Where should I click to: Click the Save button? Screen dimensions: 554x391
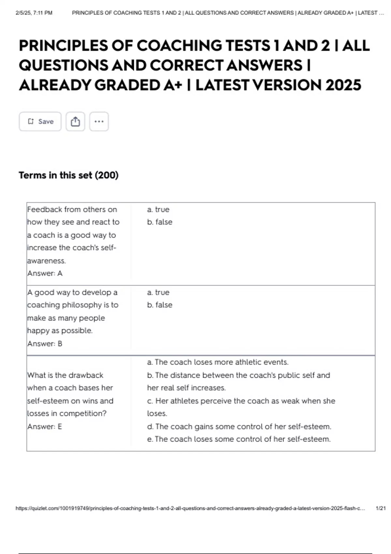point(40,122)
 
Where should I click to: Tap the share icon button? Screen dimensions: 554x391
point(75,122)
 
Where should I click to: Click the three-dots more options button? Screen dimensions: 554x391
point(99,122)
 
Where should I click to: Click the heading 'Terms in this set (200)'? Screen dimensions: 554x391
point(68,175)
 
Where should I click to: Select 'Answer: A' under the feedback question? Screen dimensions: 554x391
point(45,273)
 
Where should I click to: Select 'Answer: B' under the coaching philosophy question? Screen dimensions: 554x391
point(45,343)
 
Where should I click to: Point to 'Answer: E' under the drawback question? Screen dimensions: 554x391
point(44,427)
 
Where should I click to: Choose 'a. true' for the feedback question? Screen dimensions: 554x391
point(158,210)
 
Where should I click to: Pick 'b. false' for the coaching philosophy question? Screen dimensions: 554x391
point(160,305)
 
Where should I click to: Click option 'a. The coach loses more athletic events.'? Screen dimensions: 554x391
point(218,362)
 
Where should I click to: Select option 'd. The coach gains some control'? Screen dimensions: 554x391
point(239,427)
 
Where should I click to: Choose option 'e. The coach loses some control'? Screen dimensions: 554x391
point(239,439)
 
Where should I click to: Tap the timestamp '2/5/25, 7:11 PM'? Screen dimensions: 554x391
point(34,13)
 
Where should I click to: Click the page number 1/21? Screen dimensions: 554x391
point(381,508)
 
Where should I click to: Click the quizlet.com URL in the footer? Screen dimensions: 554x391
point(190,508)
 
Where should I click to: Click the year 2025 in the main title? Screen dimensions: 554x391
point(343,85)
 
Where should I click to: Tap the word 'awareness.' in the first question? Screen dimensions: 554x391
point(47,261)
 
